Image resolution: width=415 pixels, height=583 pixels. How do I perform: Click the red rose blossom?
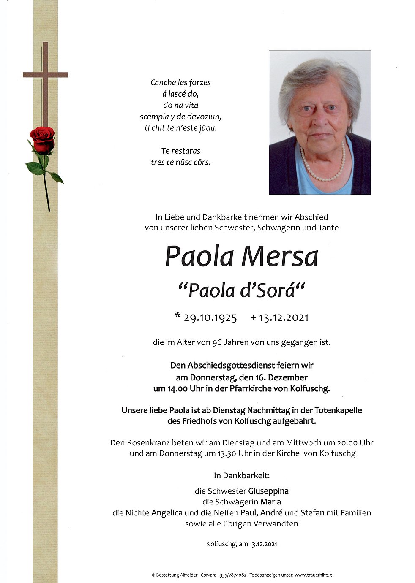coord(42,139)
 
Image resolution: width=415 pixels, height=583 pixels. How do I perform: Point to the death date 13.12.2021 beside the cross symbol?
coord(284,317)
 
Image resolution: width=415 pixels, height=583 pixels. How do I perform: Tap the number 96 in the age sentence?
coord(218,342)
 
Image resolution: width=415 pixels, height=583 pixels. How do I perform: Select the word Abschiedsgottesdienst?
coord(224,365)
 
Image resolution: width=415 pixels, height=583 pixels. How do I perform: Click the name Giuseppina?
coord(268,491)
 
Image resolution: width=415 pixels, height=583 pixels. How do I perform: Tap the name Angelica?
coord(167,513)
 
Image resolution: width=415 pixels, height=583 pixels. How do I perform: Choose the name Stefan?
coord(312,513)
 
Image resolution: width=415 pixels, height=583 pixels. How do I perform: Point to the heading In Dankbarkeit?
coord(241,476)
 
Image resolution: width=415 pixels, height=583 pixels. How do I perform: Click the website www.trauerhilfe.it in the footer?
coord(313,575)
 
